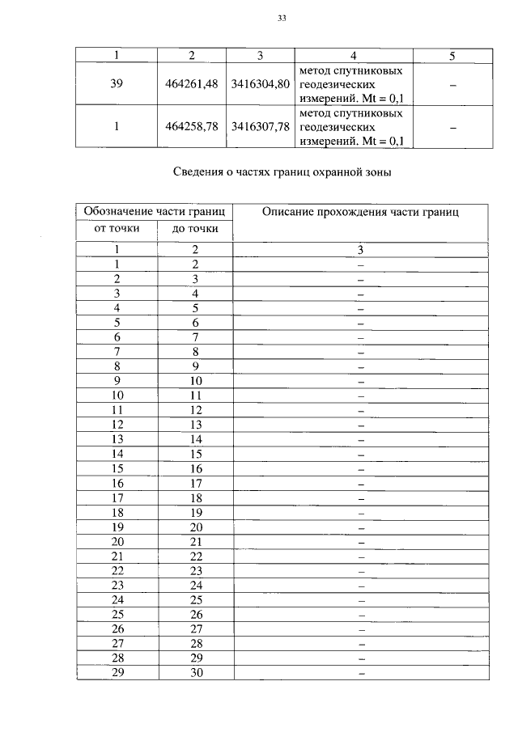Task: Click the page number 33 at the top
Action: coord(282,17)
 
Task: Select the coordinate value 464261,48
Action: coord(192,83)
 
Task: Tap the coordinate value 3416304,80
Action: coord(260,83)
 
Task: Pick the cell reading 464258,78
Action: coord(192,127)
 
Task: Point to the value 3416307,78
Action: coord(260,127)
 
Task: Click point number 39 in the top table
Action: coord(117,83)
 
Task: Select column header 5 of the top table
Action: coord(452,55)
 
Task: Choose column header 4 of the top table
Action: coord(354,55)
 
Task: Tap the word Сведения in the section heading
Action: coord(199,171)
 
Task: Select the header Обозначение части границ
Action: coord(154,212)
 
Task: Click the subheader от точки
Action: coord(117,228)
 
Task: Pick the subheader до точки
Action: coord(195,229)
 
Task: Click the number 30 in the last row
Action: coord(195,673)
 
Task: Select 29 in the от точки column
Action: coord(117,673)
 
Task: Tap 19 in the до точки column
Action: coord(195,512)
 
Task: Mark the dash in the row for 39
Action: coord(452,83)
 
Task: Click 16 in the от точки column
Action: coord(117,483)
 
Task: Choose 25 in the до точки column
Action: coord(195,600)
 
